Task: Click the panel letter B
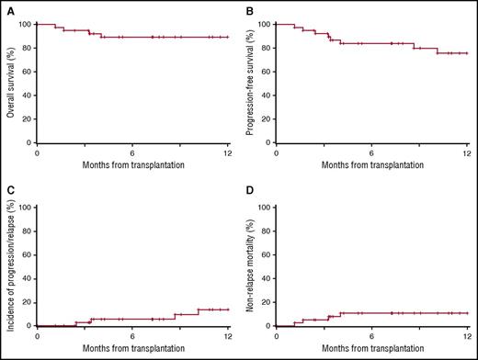point(250,12)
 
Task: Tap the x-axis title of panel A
point(132,165)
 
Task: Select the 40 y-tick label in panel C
point(27,278)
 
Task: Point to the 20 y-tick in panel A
point(27,118)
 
